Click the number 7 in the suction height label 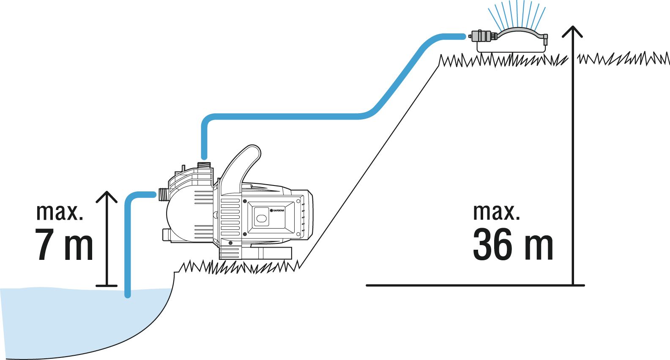(x=44, y=245)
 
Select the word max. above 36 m (x=496, y=212)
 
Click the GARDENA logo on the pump (x=277, y=210)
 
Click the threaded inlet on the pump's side (x=163, y=194)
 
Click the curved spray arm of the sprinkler (x=520, y=32)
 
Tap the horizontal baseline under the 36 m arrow (x=473, y=285)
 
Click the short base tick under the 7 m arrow (x=107, y=286)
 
